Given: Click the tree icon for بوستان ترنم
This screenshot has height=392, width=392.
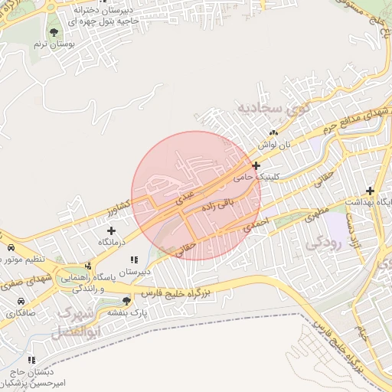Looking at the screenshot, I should click(54, 31).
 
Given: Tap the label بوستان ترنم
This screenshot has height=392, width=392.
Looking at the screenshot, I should click(54, 44).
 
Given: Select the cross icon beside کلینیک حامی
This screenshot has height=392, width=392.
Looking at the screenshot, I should click(256, 165).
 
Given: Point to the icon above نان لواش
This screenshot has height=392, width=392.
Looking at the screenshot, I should click(273, 132).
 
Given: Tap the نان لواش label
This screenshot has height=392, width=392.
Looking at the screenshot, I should click(275, 144).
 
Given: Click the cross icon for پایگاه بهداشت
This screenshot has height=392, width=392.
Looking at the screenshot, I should click(371, 190).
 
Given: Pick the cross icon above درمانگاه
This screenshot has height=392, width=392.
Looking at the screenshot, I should click(112, 230).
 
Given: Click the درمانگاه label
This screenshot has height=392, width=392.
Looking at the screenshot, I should click(112, 242).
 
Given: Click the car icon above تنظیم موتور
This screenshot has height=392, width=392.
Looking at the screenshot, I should click(10, 249).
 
